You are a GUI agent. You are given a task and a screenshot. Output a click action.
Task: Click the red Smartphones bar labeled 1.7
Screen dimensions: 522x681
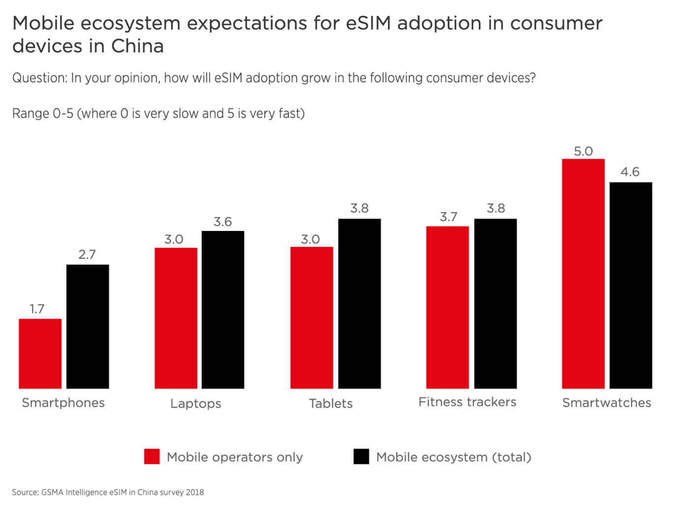click(x=40, y=354)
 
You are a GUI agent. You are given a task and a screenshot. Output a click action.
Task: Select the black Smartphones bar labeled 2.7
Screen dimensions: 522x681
click(x=88, y=326)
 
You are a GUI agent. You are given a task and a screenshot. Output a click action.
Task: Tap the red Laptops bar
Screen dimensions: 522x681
click(x=176, y=318)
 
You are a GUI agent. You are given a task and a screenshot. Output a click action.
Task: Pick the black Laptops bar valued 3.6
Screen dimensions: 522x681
click(x=223, y=310)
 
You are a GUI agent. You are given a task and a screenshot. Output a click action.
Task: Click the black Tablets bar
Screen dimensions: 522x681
click(x=359, y=303)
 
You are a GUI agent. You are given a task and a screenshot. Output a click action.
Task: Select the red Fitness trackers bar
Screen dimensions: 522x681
click(x=447, y=307)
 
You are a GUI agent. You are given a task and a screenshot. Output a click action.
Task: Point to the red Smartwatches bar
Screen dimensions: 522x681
click(x=583, y=274)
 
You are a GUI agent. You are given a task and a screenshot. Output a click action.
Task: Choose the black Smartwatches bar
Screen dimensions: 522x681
click(x=631, y=285)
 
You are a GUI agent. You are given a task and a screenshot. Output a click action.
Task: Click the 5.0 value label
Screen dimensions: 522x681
click(x=583, y=151)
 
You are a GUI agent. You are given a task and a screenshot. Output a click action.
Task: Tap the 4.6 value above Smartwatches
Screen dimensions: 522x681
click(x=630, y=172)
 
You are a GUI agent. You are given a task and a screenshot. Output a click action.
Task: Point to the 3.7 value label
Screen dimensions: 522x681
click(x=448, y=217)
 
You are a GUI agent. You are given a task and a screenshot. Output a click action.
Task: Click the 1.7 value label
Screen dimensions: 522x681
click(x=37, y=309)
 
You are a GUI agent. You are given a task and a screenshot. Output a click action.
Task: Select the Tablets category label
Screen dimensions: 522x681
click(x=331, y=403)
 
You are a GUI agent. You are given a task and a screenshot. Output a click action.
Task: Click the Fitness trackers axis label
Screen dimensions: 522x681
click(x=467, y=402)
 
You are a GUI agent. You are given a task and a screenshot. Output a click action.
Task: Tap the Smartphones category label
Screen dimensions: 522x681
click(x=63, y=403)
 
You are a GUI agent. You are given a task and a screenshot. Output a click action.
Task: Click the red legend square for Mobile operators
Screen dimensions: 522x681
click(x=152, y=457)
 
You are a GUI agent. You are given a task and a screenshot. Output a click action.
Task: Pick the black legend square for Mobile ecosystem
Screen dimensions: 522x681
click(x=361, y=457)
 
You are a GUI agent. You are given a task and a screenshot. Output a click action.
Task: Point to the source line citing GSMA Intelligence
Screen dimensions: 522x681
click(x=108, y=492)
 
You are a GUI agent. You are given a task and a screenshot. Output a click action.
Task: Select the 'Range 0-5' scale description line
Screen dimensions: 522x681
click(x=158, y=114)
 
